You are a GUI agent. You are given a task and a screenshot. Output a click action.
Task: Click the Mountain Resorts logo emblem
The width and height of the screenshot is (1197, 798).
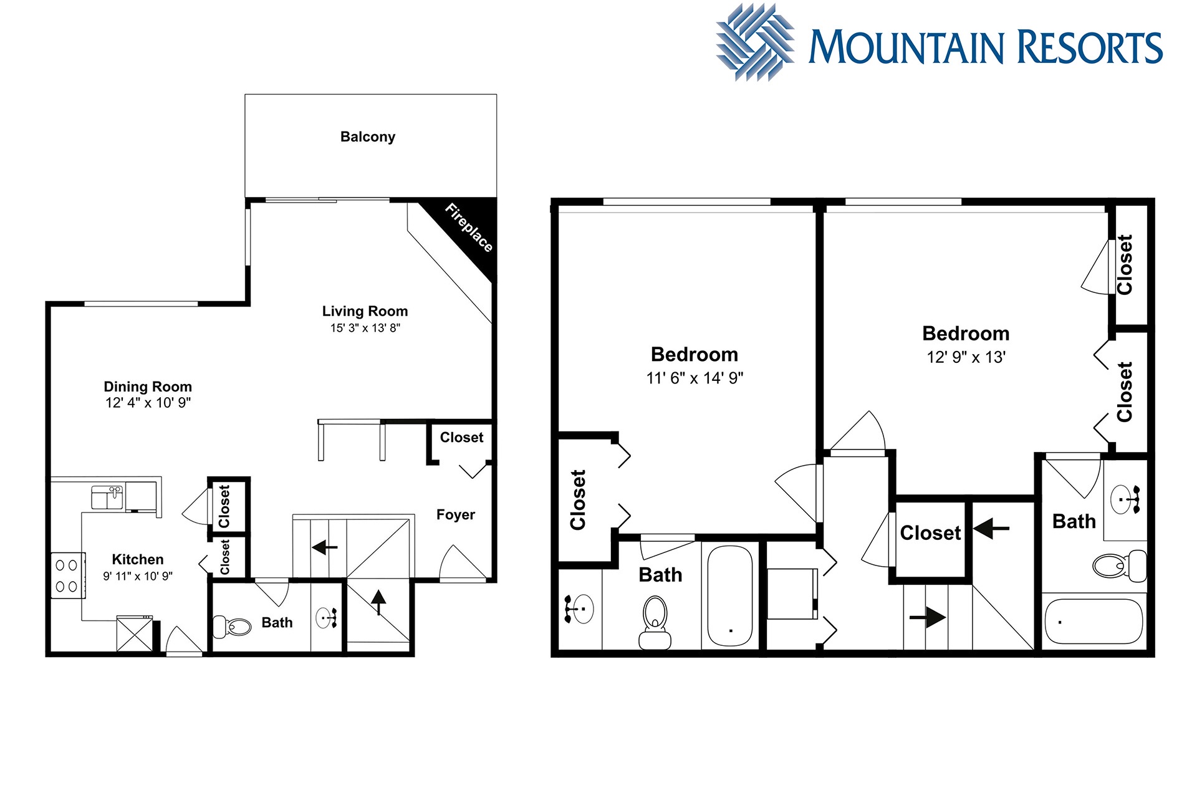point(755,42)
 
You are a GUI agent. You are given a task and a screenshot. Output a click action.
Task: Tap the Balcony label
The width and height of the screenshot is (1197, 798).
point(368,137)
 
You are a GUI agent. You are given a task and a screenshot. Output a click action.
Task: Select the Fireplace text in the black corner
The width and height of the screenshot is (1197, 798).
point(469,228)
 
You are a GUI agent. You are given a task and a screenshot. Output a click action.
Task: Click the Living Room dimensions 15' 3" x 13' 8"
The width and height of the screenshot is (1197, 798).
point(365,328)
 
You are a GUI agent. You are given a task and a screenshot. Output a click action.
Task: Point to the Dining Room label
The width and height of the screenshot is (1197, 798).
point(148,387)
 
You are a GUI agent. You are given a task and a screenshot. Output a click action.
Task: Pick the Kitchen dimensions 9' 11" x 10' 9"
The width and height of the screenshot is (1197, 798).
point(138,576)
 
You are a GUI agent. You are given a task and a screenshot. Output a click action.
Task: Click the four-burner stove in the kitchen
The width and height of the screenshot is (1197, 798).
point(67,576)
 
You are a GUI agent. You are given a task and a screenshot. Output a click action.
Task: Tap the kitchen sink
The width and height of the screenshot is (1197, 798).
point(107,498)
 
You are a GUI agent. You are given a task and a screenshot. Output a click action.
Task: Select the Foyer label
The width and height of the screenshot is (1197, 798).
point(456,514)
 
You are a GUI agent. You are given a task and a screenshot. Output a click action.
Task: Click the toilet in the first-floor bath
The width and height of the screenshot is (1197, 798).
point(232,625)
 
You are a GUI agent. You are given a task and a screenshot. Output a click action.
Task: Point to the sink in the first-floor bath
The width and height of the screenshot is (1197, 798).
point(327,618)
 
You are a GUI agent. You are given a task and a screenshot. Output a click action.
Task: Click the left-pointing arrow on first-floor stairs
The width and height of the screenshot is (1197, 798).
point(324,547)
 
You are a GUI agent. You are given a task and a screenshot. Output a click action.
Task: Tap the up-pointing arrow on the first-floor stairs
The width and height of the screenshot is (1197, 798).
point(378,602)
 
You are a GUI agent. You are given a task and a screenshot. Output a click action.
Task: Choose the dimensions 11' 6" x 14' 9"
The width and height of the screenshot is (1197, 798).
point(695,378)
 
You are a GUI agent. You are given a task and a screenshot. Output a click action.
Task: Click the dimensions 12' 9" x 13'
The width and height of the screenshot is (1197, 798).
point(966,357)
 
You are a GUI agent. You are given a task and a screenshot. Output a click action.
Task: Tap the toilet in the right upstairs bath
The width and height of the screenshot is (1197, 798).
point(1120,565)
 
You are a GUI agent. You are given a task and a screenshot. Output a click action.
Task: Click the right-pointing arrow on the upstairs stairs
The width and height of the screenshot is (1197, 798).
point(928,617)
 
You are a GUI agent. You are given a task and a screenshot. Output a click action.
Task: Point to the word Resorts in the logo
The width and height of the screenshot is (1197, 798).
point(1090,47)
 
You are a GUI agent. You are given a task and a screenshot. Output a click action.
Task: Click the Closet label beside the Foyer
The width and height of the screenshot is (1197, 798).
point(461,438)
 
